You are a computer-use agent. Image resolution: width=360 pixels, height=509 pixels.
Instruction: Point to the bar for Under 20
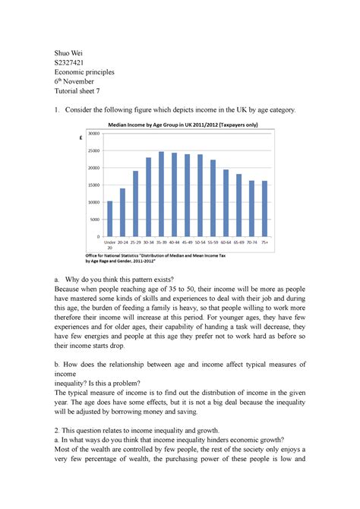(x=110, y=219)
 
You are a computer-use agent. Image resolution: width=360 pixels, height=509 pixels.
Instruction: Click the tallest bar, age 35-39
(x=161, y=194)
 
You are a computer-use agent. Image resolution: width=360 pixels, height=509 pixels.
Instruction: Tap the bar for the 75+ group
(x=264, y=209)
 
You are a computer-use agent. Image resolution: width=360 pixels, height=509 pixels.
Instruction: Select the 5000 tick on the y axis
(x=94, y=220)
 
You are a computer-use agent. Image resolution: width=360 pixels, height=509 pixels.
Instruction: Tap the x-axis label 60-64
(x=226, y=242)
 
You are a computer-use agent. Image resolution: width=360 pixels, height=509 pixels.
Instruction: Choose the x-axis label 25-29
(x=135, y=242)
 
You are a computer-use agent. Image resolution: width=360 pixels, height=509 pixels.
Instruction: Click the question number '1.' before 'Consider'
(x=57, y=111)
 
